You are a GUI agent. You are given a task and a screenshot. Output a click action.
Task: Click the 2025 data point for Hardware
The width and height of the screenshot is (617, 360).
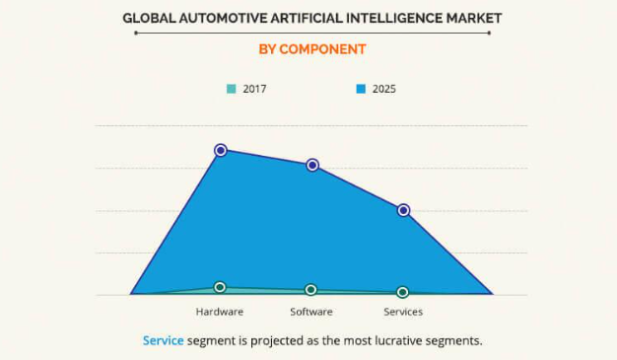[x=221, y=150]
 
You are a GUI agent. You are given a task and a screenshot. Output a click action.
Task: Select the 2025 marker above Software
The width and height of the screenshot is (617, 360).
[x=312, y=165]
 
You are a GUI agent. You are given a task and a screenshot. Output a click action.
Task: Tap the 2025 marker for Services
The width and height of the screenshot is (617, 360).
[x=403, y=210]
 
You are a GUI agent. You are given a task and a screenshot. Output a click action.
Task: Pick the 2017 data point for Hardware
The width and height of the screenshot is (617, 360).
[x=220, y=287]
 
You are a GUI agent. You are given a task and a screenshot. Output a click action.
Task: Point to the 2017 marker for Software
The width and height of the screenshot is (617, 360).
[x=311, y=290]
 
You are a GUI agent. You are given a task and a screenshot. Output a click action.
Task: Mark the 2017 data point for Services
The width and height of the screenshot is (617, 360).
[x=402, y=292]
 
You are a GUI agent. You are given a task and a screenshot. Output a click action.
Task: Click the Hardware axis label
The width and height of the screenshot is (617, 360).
[x=220, y=312]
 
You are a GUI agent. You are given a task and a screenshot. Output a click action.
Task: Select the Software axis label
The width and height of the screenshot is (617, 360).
[x=311, y=312]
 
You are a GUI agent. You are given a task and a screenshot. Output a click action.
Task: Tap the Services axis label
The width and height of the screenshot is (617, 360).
[x=403, y=312]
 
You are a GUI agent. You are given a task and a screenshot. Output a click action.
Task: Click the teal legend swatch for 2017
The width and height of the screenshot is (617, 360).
[x=231, y=89]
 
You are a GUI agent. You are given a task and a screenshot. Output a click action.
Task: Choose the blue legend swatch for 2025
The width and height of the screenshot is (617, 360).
[x=361, y=89]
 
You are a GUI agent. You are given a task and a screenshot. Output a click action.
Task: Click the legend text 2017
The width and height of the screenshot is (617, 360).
[x=254, y=89]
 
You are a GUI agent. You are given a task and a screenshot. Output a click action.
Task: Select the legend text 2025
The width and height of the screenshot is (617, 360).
[x=384, y=89]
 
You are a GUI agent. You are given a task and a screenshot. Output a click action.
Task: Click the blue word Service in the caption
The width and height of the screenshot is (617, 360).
[x=164, y=340]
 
